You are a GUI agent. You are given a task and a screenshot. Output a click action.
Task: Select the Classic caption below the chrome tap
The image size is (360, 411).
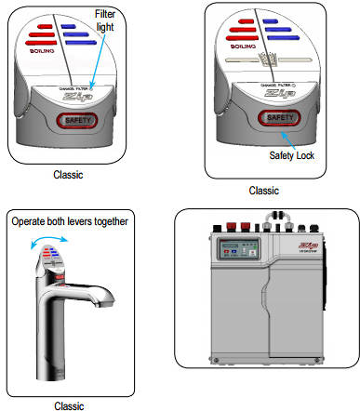(x=69, y=404)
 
